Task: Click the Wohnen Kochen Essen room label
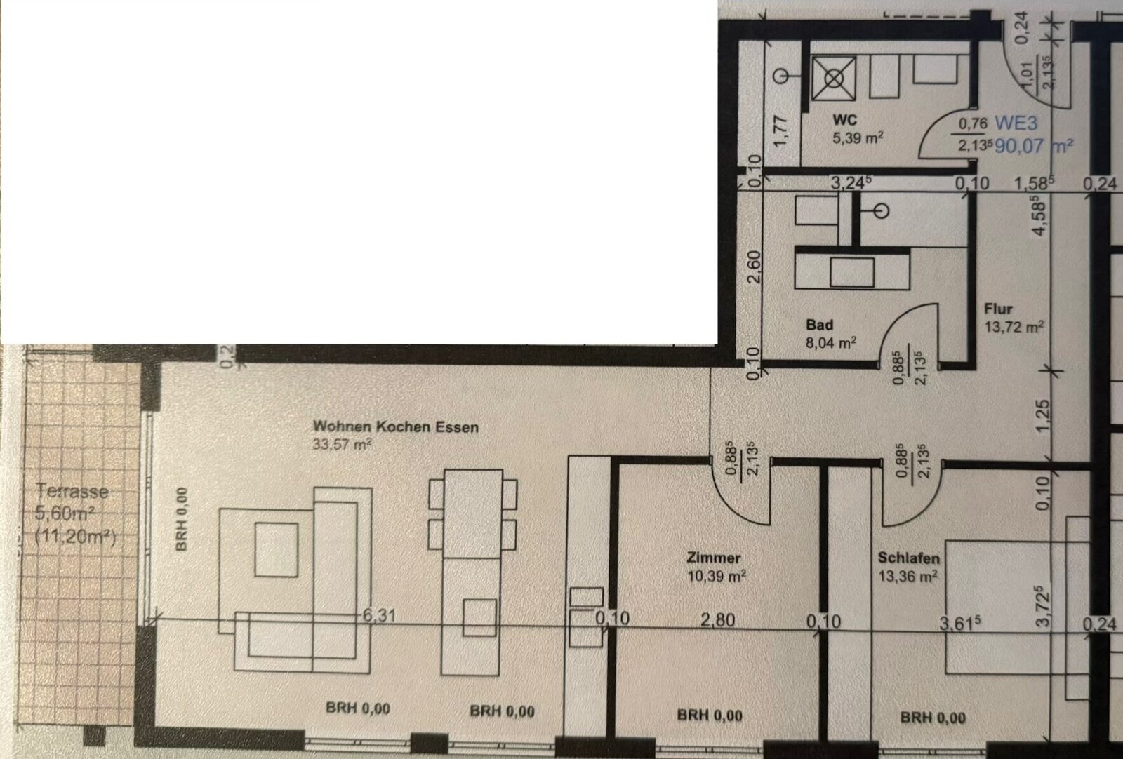pos(396,426)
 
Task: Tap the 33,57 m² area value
pos(343,444)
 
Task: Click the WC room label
pos(847,120)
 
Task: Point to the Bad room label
pos(819,325)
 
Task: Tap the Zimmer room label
pos(715,558)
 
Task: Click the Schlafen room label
pos(909,558)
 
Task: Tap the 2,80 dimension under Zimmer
pos(716,620)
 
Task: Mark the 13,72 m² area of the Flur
pos(1014,326)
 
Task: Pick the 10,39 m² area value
pos(716,576)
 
